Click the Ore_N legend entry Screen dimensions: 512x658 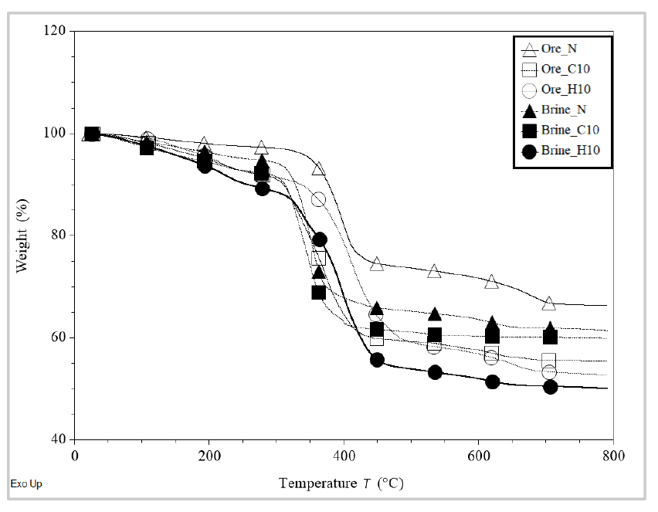pos(558,49)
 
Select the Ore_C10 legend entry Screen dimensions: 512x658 pos(558,69)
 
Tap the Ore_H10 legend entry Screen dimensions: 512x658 pos(558,89)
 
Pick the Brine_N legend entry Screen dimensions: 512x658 pos(561,110)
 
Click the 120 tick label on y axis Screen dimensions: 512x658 pos(57,31)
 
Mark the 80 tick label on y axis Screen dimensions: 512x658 pos(60,236)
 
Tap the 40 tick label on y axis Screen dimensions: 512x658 pos(60,439)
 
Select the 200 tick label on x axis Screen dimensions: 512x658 pos(209,455)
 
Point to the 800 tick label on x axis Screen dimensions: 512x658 pos(613,455)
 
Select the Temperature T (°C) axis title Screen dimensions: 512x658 pos(341,483)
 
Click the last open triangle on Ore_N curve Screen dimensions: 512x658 pos(549,303)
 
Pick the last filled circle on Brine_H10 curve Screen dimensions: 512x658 pos(550,387)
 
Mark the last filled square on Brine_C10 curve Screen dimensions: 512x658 pos(550,336)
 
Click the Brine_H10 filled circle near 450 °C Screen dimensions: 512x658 pos(377,360)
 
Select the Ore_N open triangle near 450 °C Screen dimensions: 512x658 pos(377,265)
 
